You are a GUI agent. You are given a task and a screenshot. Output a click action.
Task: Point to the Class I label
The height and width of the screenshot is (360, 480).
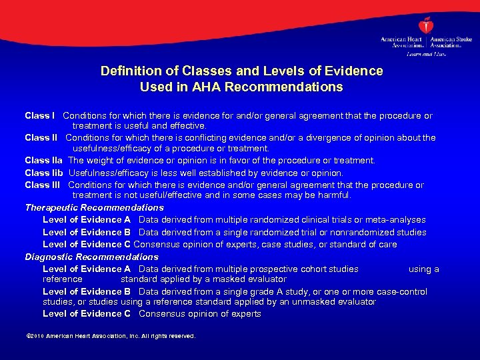40,115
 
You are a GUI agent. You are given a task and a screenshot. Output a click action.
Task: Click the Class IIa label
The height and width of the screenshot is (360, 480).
44,160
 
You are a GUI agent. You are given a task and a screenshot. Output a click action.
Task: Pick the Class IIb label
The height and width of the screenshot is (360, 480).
44,173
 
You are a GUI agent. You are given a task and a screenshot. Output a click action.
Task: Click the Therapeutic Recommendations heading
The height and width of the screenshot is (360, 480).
94,207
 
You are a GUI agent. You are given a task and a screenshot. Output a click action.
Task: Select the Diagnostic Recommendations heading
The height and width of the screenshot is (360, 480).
91,257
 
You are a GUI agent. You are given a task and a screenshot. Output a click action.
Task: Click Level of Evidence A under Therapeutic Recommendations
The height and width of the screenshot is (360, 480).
87,219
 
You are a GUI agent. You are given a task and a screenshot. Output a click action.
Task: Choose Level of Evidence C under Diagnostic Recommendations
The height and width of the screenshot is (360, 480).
87,313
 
